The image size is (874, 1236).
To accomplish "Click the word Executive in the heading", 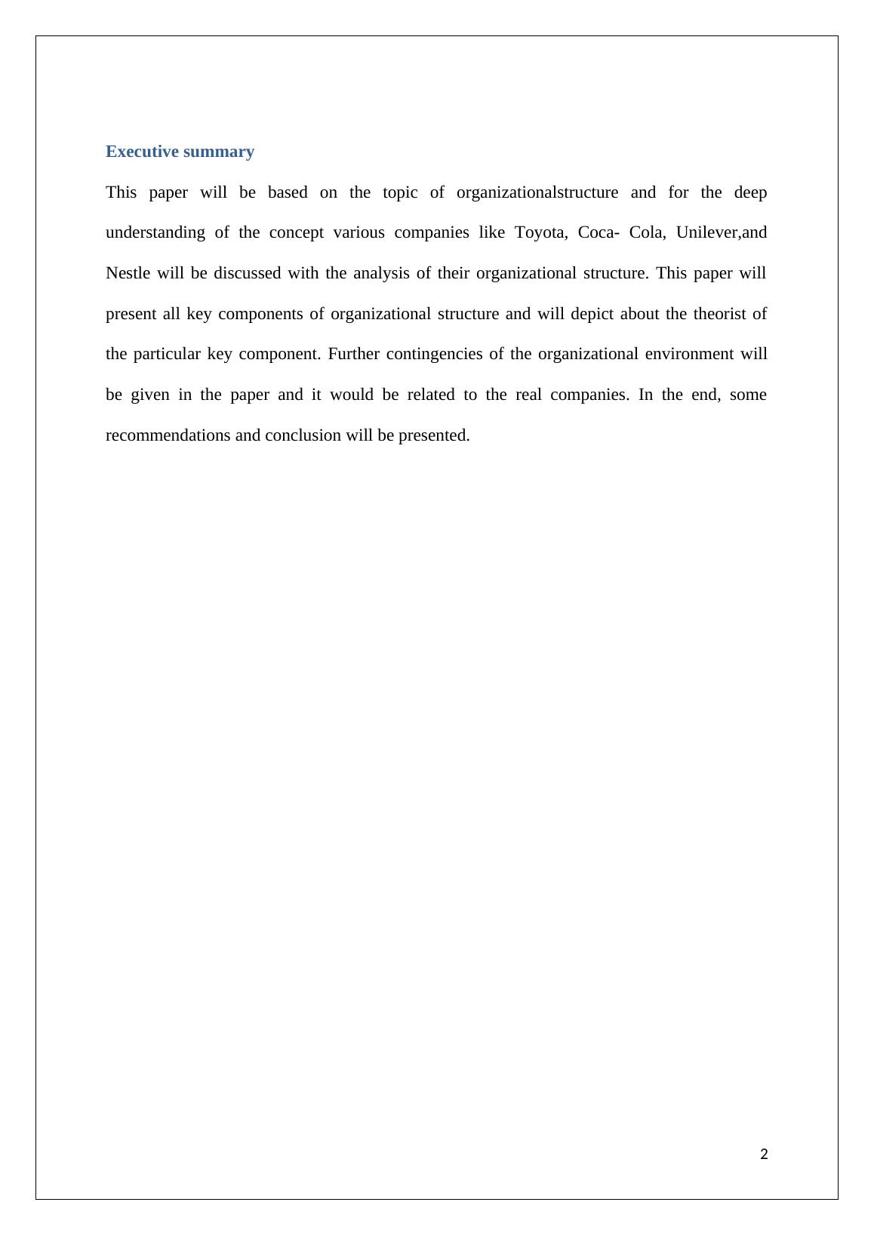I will [141, 152].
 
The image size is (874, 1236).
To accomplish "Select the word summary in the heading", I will [218, 152].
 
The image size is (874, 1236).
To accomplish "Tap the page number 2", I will [764, 1154].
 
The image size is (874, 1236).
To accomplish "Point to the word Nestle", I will [128, 273].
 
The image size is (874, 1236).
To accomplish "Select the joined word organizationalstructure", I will [537, 192].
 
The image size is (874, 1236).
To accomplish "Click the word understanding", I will [155, 232].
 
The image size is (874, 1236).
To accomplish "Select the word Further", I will [352, 354].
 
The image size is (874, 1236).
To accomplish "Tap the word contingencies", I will [433, 354].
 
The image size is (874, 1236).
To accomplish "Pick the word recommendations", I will [168, 435].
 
